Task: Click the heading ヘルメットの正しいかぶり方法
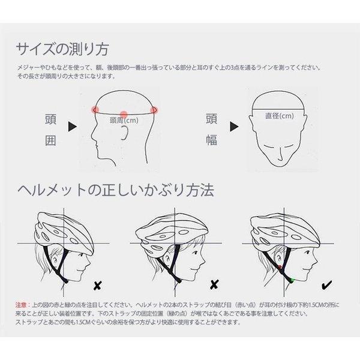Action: coord(132,191)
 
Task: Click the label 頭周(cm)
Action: coord(125,121)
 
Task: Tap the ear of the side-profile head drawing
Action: coord(124,133)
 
